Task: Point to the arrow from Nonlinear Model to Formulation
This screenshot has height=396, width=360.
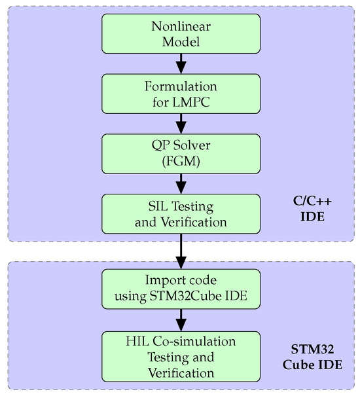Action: [181, 64]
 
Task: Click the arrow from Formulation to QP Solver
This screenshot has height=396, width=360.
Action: [181, 124]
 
